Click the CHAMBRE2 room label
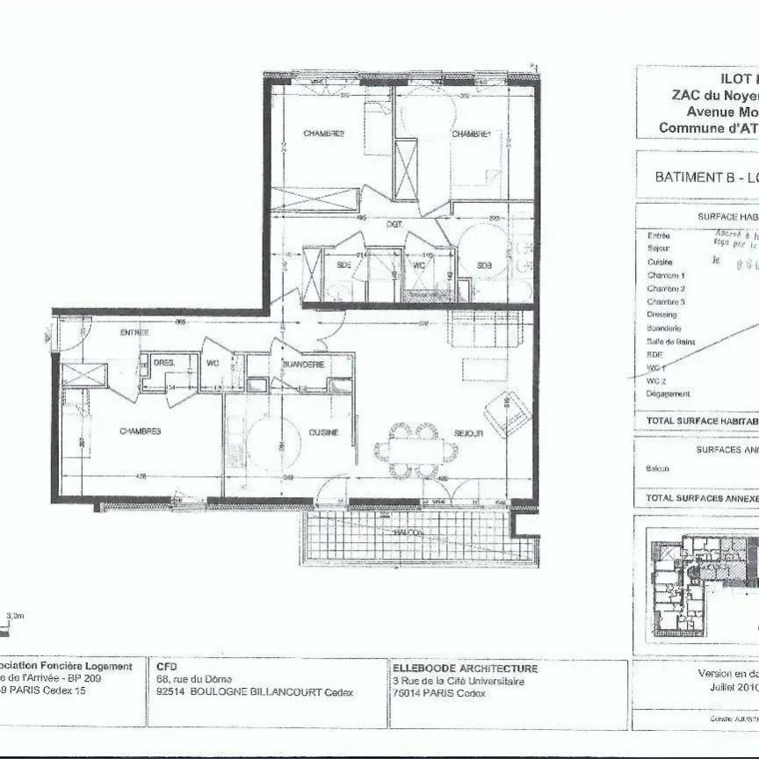click(x=323, y=134)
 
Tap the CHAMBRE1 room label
click(x=471, y=134)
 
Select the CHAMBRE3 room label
click(x=140, y=431)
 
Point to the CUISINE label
click(x=324, y=432)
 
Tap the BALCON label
click(x=410, y=532)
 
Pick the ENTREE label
click(x=134, y=333)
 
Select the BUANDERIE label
click(x=304, y=364)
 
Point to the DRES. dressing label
click(x=164, y=362)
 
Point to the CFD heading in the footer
click(x=166, y=667)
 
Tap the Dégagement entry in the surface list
click(x=669, y=394)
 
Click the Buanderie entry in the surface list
click(x=664, y=328)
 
